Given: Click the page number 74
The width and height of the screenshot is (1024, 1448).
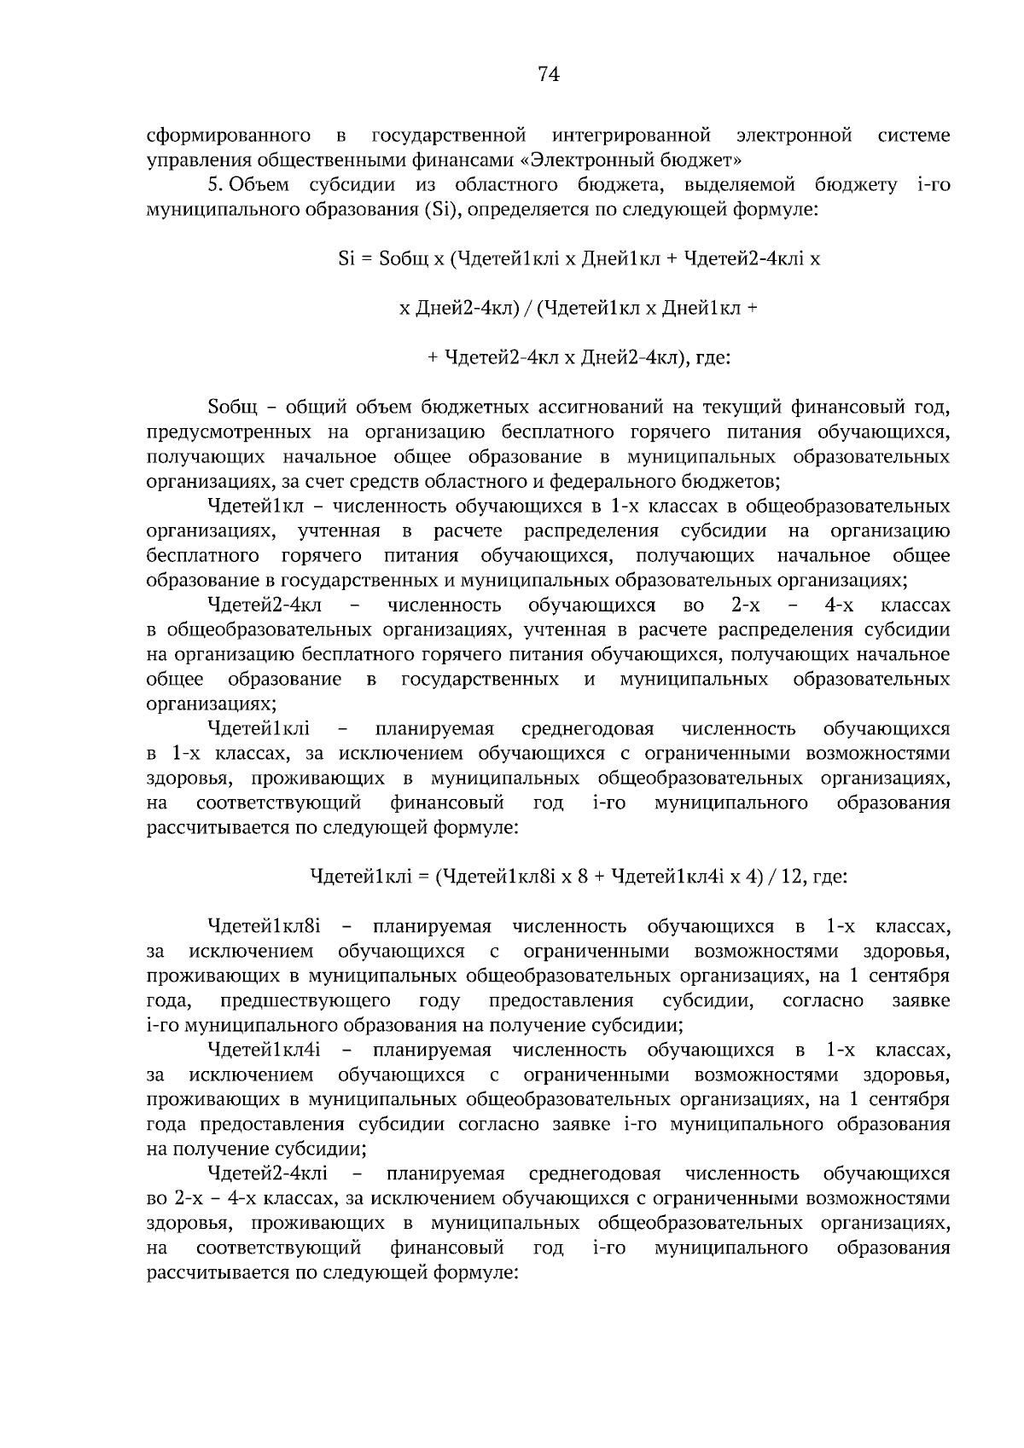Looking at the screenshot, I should tap(549, 75).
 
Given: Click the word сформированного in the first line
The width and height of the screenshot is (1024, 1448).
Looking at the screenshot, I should tap(228, 136).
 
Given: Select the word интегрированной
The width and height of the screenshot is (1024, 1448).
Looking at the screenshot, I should tap(631, 136).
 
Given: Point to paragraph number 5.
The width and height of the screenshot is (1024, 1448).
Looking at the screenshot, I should tap(215, 185).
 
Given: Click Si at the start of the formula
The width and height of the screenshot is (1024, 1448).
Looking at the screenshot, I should tap(346, 259).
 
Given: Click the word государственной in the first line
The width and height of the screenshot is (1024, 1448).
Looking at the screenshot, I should tap(448, 136).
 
